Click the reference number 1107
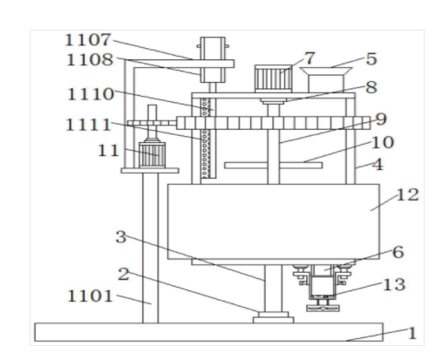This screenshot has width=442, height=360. pyautogui.click(x=88, y=40)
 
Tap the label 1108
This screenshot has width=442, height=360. pyautogui.click(x=90, y=60)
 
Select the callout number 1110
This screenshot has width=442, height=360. pyautogui.click(x=91, y=94)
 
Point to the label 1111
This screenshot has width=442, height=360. pyautogui.click(x=88, y=125)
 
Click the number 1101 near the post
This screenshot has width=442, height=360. pyautogui.click(x=90, y=296)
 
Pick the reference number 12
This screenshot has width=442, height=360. pyautogui.click(x=408, y=194)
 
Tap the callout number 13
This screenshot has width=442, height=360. pyautogui.click(x=394, y=284)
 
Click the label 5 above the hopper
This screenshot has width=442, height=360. pyautogui.click(x=371, y=59)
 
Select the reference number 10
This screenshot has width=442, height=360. pyautogui.click(x=383, y=142)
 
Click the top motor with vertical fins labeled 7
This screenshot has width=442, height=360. pyautogui.click(x=274, y=78)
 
